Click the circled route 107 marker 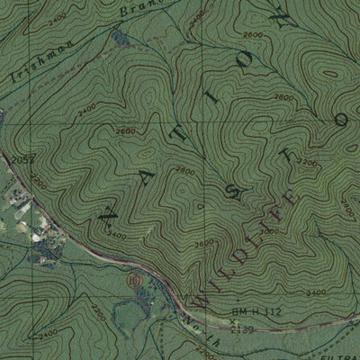[x=135, y=280]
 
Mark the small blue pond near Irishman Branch [x=120, y=37]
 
